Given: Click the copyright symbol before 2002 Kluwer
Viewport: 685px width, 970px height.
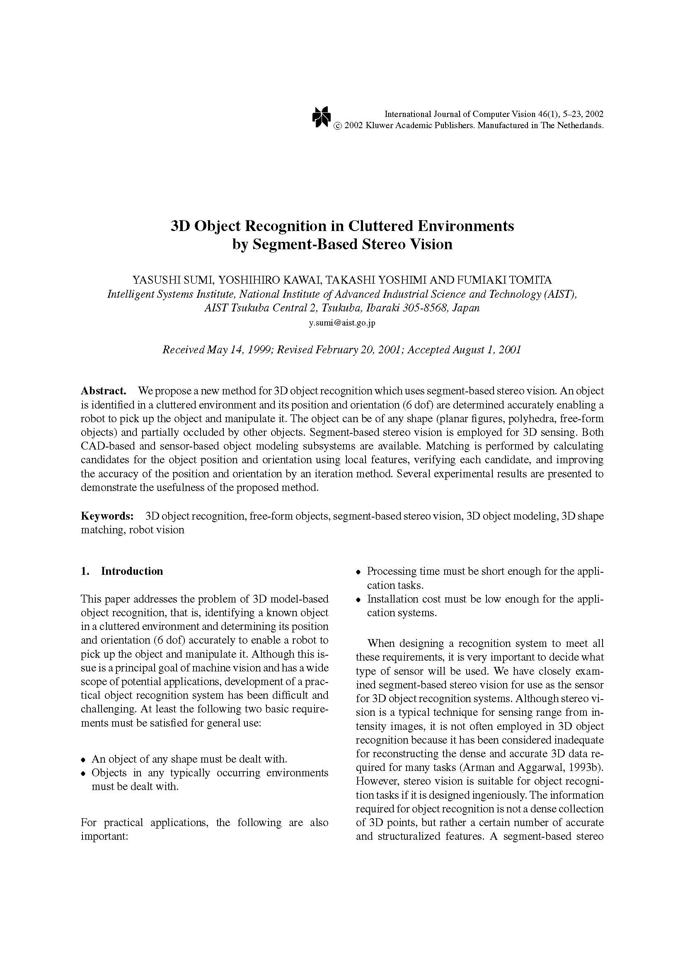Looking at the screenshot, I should click(x=338, y=126).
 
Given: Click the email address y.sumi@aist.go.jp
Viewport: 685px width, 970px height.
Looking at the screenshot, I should click(x=342, y=323).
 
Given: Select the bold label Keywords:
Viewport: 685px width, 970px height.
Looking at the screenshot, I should click(x=107, y=516).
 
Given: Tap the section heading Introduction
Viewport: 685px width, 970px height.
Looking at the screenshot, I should click(x=132, y=571).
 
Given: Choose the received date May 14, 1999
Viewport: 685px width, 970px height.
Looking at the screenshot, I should click(x=238, y=350).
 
